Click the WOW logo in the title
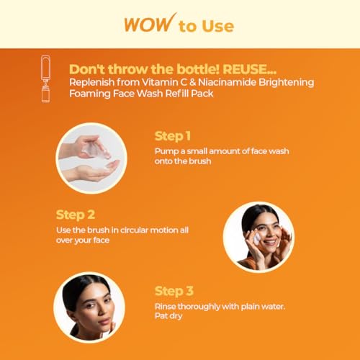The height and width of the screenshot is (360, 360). click(150, 23)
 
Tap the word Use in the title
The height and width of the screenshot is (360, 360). click(218, 26)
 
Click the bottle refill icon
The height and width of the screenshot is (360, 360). click(45, 78)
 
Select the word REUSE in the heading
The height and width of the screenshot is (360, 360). click(249, 69)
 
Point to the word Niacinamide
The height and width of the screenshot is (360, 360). click(227, 82)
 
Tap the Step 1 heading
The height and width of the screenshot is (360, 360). click(173, 136)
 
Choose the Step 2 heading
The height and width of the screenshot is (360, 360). click(76, 215)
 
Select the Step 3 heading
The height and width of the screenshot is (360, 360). click(174, 291)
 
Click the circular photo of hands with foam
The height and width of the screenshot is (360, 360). click(91, 158)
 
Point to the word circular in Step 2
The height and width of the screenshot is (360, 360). click(134, 230)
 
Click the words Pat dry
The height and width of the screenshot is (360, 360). click(168, 316)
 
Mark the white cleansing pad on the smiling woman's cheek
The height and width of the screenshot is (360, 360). click(257, 238)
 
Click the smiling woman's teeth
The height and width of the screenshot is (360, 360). click(270, 242)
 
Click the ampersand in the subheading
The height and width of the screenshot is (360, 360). click(192, 82)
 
